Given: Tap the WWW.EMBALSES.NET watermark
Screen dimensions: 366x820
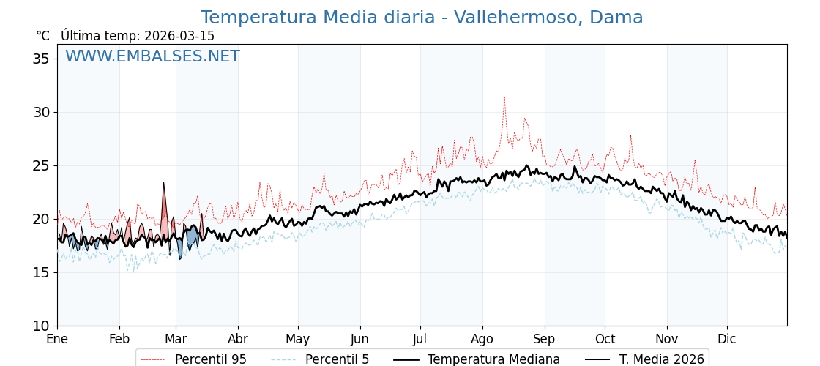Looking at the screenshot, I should point(152,56).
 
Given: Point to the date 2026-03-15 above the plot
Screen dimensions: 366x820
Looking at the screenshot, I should point(179,36).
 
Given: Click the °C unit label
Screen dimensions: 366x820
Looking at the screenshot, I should point(42,36).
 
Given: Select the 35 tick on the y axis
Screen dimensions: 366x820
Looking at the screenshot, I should point(40,59).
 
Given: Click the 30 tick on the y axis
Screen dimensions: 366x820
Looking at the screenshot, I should point(40,112).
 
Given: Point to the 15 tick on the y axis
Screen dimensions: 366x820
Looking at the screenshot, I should point(40,272).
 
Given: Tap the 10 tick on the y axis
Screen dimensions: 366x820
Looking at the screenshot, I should point(40,326).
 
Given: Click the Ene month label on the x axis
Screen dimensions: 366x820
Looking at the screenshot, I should point(57,340).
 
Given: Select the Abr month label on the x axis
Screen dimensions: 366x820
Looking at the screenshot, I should point(238,340).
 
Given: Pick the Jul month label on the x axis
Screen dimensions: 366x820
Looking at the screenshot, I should point(420,340).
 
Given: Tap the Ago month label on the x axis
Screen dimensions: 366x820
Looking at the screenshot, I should point(482,340).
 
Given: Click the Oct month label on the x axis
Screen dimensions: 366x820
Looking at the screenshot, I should point(605,340).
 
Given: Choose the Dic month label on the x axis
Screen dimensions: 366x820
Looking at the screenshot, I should point(727,340).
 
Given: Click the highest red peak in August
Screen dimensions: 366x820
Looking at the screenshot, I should point(504,97).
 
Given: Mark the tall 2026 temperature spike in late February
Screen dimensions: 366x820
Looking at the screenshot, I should point(163,183).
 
